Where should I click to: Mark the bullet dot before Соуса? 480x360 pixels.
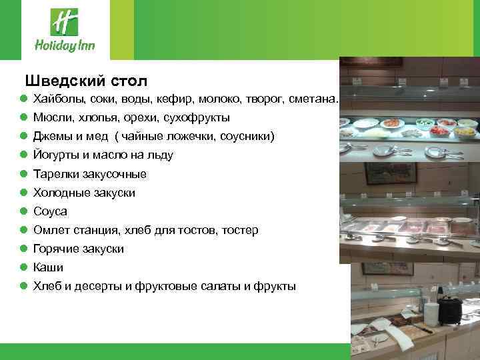click(23, 211)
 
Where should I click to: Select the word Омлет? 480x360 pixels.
click(50, 230)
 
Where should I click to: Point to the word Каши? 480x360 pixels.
click(49, 267)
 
